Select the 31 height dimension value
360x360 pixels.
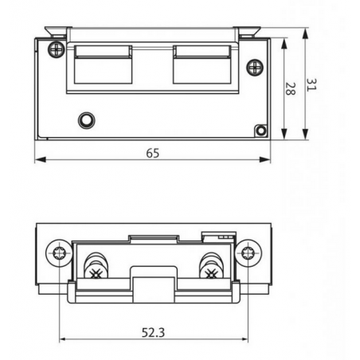click(x=313, y=84)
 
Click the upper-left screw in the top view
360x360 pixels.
click(x=55, y=49)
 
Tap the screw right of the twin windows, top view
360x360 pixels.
click(x=253, y=66)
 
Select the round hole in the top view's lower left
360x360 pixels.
click(x=85, y=120)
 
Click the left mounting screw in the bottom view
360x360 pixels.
click(x=61, y=254)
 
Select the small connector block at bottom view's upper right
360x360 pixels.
click(x=218, y=237)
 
